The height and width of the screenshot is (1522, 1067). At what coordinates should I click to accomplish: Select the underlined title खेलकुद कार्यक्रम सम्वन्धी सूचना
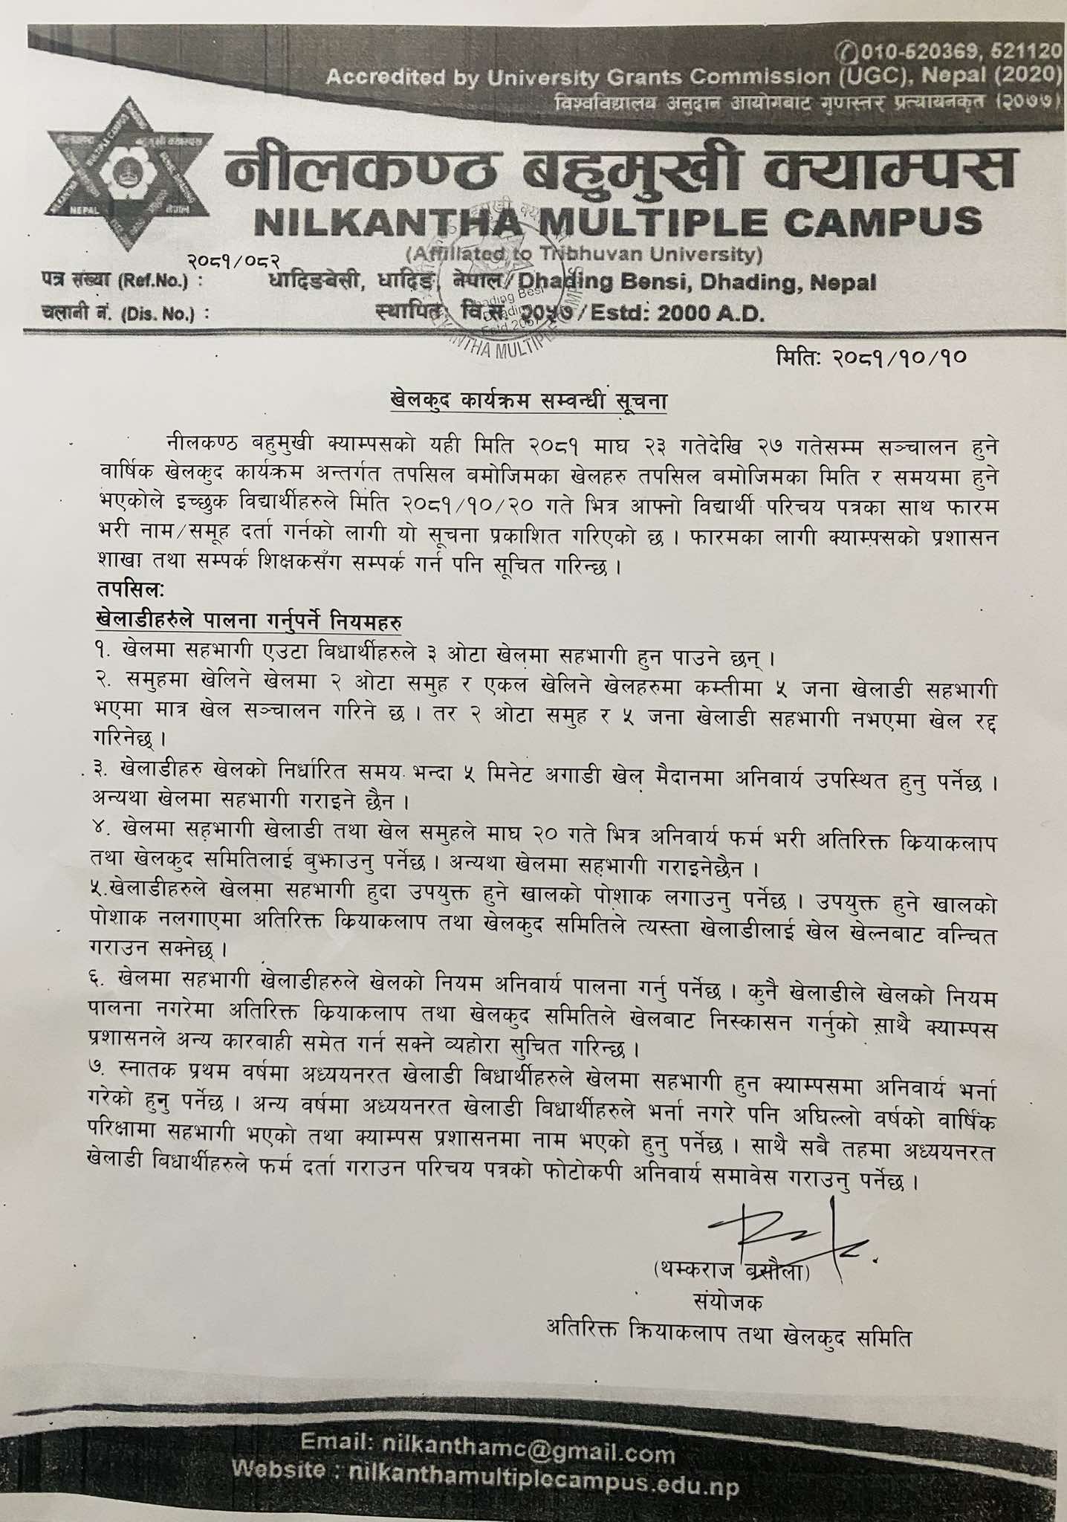point(528,402)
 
